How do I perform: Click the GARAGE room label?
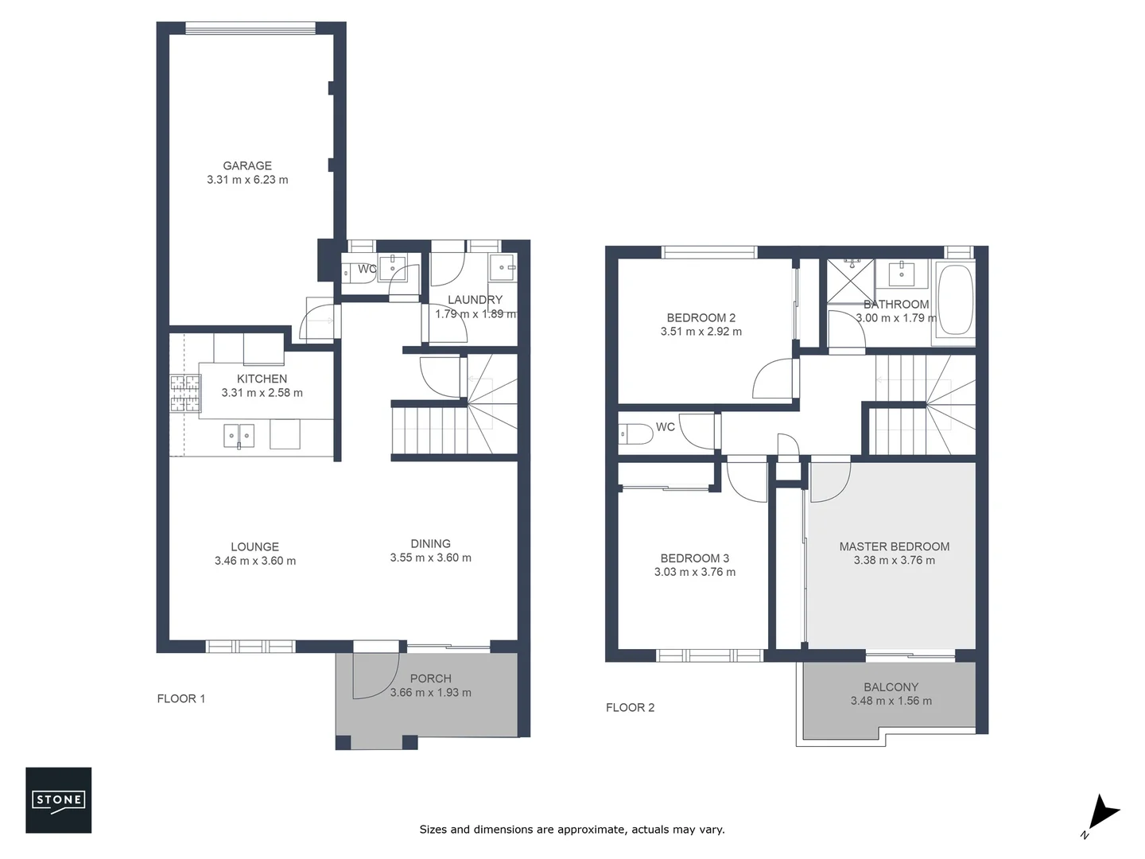click(247, 165)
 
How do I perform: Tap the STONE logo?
click(58, 800)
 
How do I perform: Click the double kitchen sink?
click(239, 436)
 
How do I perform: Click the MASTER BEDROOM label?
click(894, 546)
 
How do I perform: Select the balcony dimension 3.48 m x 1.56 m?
click(891, 701)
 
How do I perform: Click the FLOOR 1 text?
click(181, 698)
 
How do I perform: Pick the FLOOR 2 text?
click(630, 707)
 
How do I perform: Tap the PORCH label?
click(430, 678)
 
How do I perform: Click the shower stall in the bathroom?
click(851, 280)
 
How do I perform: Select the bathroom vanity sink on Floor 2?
click(902, 273)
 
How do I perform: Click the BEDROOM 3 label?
click(694, 558)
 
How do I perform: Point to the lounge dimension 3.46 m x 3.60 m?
click(254, 561)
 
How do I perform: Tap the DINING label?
click(430, 544)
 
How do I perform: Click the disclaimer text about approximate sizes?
click(572, 829)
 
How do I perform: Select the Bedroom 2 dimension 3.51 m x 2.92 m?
click(701, 332)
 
